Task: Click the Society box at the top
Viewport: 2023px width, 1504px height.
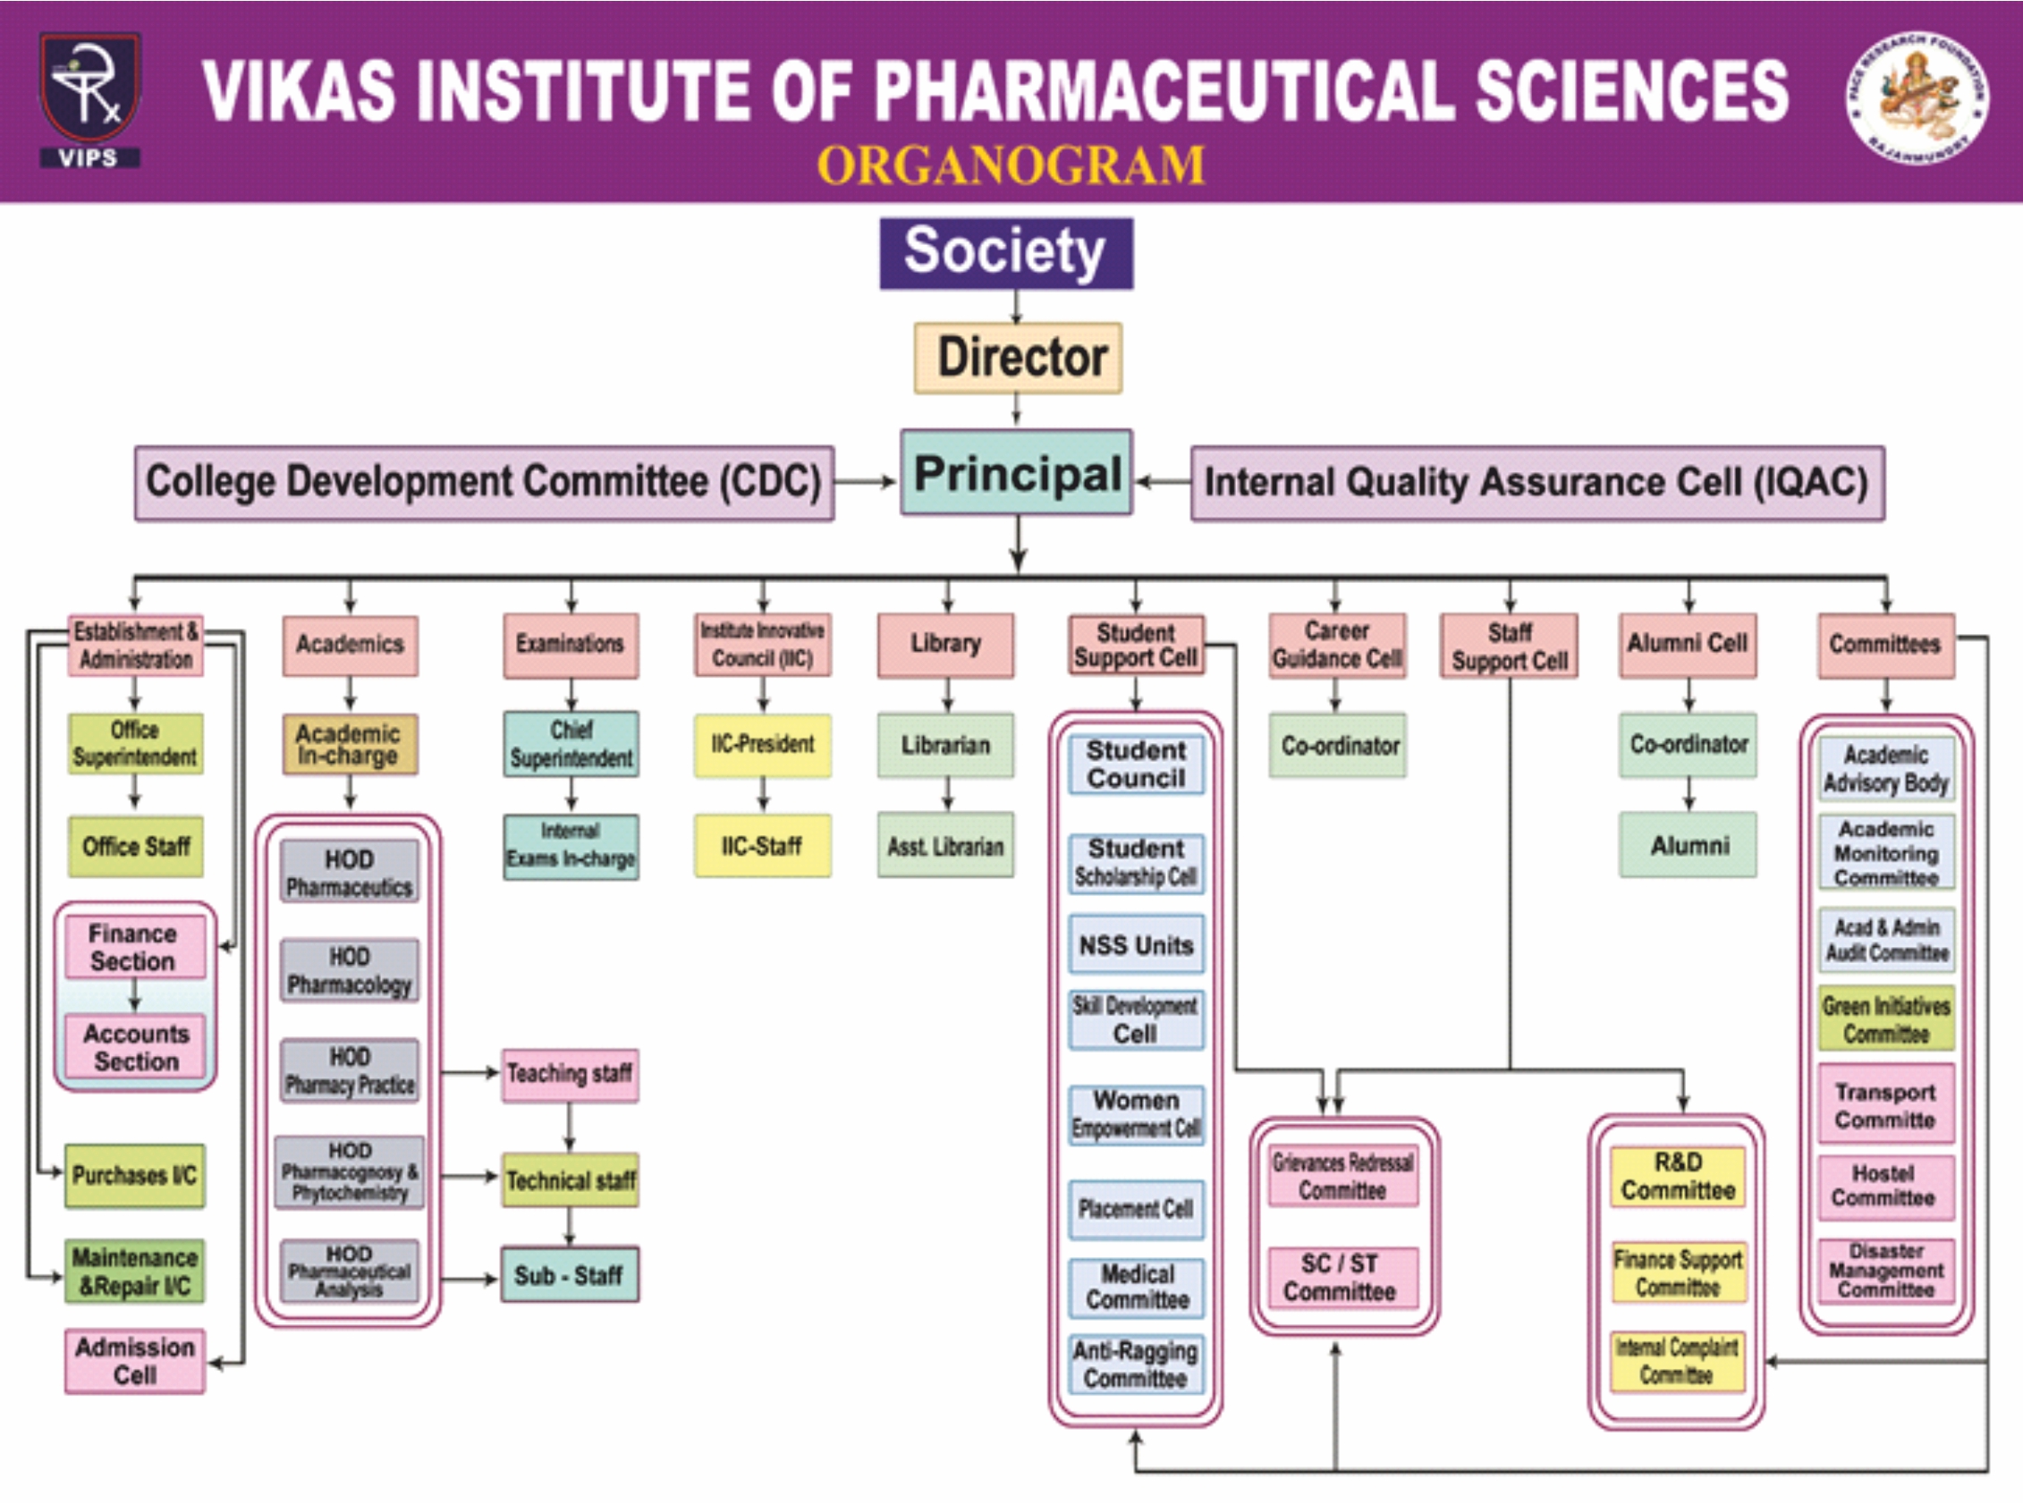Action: click(1006, 253)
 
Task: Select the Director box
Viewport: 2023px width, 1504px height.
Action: click(1018, 358)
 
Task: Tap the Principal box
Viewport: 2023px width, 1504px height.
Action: click(1016, 473)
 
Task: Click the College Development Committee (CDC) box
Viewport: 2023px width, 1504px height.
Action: click(484, 483)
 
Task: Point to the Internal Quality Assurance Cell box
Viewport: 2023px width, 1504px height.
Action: click(1536, 483)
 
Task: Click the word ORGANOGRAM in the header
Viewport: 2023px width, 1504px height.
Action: click(1011, 165)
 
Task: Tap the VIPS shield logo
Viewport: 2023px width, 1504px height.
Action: click(89, 98)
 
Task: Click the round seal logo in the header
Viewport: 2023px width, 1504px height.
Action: click(1917, 98)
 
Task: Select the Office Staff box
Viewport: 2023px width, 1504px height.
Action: click(136, 847)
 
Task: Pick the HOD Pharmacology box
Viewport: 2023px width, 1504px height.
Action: click(350, 970)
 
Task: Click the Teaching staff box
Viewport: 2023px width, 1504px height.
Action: click(570, 1074)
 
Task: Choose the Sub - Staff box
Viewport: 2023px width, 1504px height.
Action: click(569, 1274)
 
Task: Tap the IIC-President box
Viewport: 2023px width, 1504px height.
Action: click(763, 745)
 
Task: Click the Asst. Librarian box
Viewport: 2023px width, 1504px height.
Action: click(945, 847)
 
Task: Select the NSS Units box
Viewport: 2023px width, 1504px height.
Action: click(1135, 945)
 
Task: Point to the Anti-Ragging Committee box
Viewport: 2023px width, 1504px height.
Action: click(1135, 1364)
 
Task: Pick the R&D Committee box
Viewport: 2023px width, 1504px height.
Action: click(1678, 1176)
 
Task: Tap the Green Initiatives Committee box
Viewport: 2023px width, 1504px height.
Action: click(1885, 1019)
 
